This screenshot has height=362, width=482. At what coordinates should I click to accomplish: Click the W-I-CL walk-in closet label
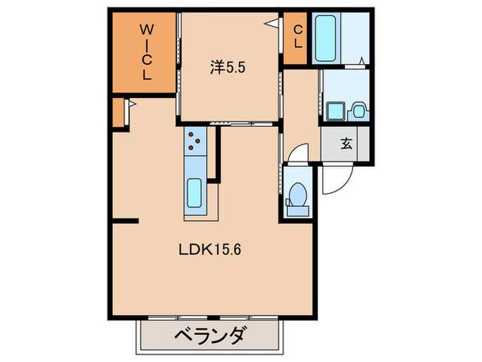click(147, 52)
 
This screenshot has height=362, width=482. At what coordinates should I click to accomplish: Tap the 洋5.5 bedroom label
click(228, 68)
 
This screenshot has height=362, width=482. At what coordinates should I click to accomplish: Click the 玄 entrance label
click(346, 144)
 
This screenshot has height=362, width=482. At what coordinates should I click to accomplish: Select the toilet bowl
click(298, 195)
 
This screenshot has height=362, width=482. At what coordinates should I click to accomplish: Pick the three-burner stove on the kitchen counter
click(195, 141)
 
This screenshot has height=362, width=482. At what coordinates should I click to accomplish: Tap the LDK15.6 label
click(210, 250)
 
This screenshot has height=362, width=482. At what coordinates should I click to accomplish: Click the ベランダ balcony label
click(209, 338)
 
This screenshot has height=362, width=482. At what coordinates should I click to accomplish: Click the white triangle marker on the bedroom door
click(273, 24)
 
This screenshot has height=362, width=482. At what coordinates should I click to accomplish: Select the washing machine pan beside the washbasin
click(357, 110)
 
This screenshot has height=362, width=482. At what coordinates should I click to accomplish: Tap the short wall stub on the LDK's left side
click(125, 221)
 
